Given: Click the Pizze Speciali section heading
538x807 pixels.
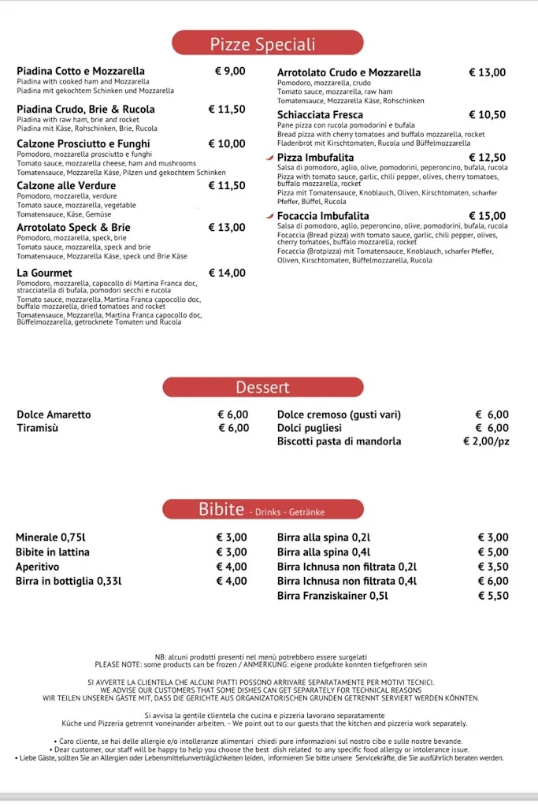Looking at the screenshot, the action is click(x=262, y=44).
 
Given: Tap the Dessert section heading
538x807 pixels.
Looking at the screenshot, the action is click(x=262, y=388).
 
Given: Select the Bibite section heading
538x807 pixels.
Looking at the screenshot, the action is click(x=221, y=510).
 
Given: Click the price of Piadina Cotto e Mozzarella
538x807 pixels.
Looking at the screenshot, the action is click(x=230, y=71).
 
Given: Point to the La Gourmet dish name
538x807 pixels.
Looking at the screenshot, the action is click(x=46, y=273).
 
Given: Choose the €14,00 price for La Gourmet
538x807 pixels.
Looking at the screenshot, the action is click(x=227, y=273).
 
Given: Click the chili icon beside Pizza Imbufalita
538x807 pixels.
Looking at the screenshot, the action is click(x=270, y=158).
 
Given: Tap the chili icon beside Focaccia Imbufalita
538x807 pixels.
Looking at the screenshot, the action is click(x=270, y=216).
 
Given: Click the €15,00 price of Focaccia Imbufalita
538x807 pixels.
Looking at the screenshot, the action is click(x=488, y=216).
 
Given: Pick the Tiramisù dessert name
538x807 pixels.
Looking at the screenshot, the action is click(x=37, y=428).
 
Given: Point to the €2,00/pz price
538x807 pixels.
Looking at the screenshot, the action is click(x=486, y=441).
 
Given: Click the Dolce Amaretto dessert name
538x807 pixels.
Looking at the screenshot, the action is click(x=54, y=415).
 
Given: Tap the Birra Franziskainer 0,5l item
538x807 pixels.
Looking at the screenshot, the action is click(x=332, y=596).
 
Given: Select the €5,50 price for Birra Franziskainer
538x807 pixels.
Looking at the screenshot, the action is click(x=493, y=596).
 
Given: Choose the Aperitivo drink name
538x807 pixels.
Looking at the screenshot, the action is click(x=37, y=567).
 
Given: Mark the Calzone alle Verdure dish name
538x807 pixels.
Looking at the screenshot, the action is click(x=66, y=186).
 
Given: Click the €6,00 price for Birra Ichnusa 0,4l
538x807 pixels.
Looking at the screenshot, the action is click(x=493, y=581).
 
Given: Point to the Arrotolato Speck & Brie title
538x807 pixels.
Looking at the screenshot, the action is click(x=73, y=228).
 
